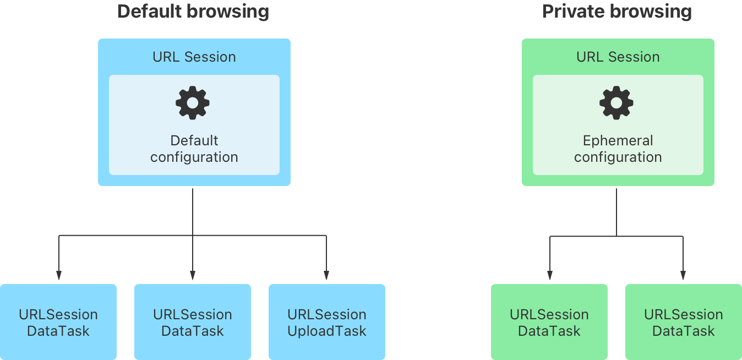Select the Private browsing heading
coord(616,12)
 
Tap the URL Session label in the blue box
coord(194,57)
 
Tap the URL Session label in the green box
coord(618,57)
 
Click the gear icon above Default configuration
coord(193,103)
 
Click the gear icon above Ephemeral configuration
coord(616,103)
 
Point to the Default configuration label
coord(194,149)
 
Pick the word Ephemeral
coord(618,140)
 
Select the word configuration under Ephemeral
coord(618,157)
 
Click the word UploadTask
coord(327,331)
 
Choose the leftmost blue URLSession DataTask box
coord(58,322)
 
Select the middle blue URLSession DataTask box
coord(193,322)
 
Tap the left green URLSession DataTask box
coord(549,322)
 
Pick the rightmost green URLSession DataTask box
coord(683,322)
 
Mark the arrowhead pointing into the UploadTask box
coord(326,275)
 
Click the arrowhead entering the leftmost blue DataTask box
coord(58,275)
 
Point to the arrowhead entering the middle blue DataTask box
coord(193,275)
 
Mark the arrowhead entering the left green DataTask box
coord(549,275)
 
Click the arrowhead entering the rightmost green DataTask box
coord(683,275)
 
